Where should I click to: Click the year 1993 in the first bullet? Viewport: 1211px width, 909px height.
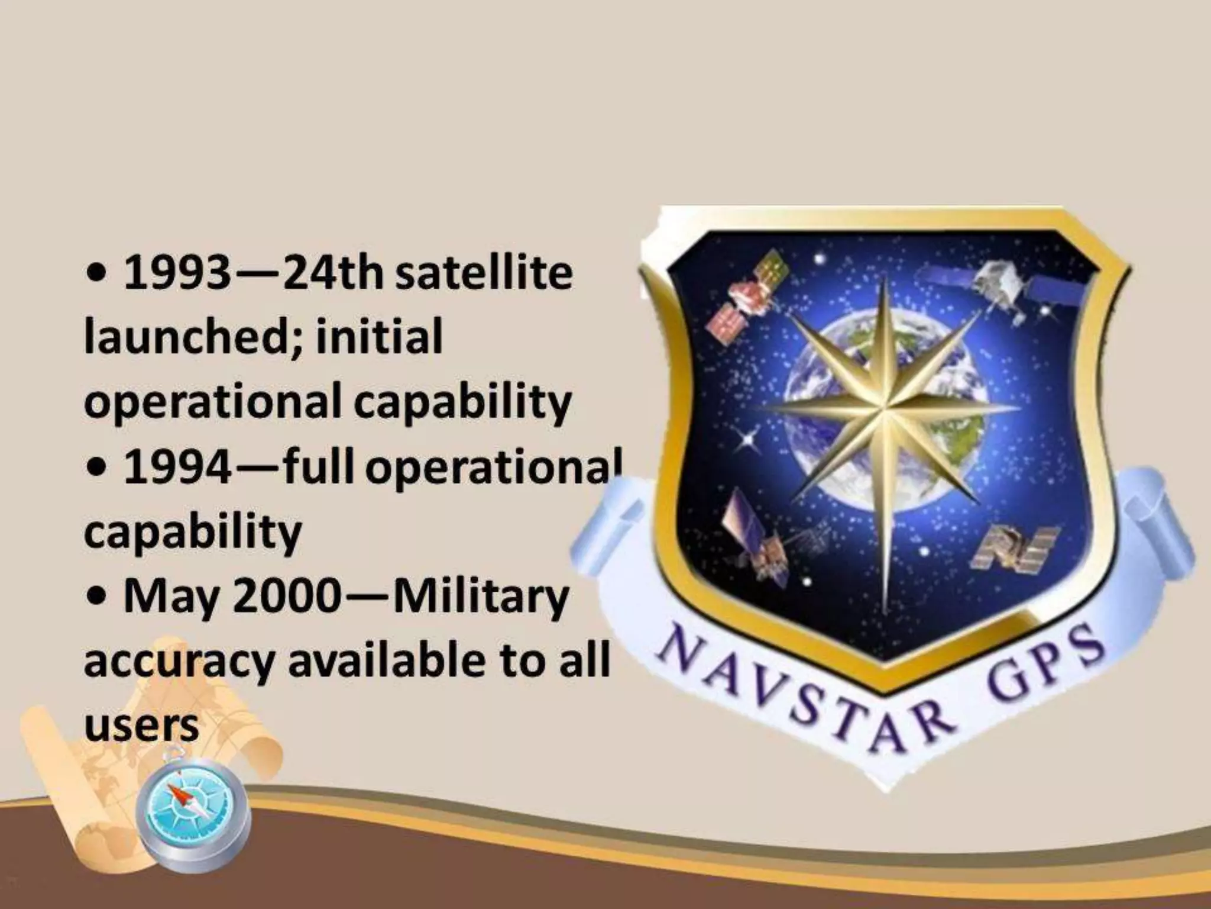click(x=176, y=273)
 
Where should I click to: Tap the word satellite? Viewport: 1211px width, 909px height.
click(x=484, y=273)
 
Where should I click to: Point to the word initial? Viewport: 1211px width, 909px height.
click(x=378, y=337)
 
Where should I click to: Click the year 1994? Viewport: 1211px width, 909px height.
click(x=176, y=468)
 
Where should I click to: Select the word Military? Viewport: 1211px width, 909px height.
click(x=480, y=598)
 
